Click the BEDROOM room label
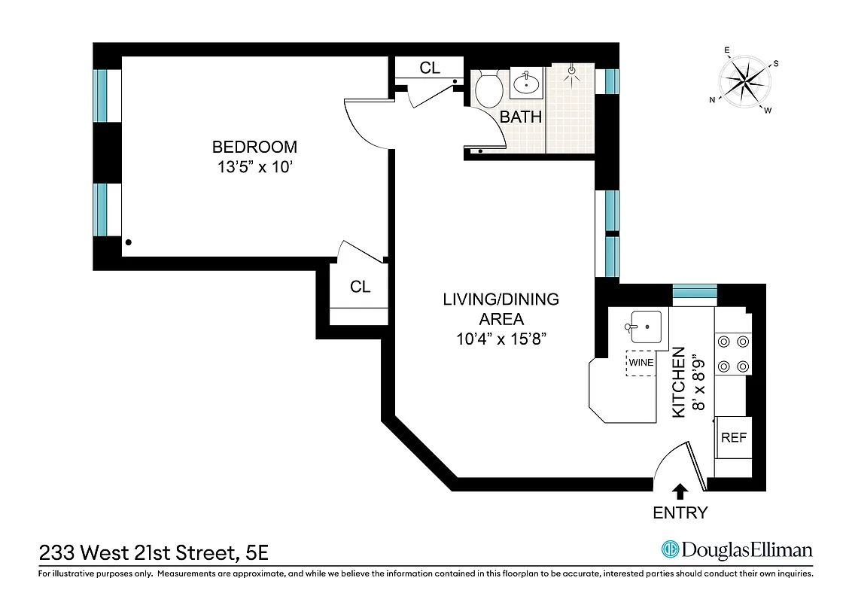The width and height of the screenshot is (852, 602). [x=254, y=147]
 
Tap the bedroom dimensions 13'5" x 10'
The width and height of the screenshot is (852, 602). [x=254, y=168]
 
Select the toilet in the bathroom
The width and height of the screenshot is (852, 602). [x=489, y=90]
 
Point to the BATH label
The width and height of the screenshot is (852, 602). [x=521, y=117]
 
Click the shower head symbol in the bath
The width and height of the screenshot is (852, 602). [x=573, y=72]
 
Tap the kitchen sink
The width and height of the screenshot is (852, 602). [x=645, y=327]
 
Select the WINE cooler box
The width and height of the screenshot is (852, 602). [x=641, y=362]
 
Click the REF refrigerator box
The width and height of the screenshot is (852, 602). [x=733, y=437]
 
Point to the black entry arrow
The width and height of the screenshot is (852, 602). [x=680, y=491]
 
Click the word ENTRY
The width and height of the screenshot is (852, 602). [x=680, y=513]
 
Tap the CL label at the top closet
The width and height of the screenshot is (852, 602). [x=430, y=68]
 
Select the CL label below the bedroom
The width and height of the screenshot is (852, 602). [x=360, y=287]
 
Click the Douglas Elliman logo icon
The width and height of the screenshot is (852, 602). [x=669, y=550]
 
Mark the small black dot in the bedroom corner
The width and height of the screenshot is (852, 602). [x=129, y=242]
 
